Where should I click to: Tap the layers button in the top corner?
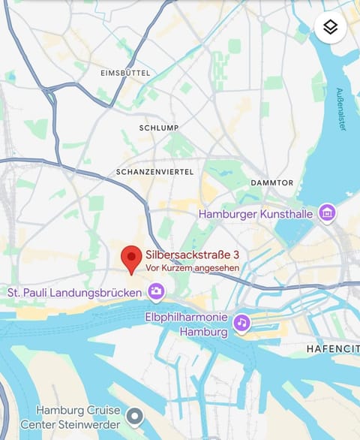330,28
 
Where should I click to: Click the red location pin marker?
132,258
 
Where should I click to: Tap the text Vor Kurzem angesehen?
192,268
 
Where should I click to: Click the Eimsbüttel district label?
125,73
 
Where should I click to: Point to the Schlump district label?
159,128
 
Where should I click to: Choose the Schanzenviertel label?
154,172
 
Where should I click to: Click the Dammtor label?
271,182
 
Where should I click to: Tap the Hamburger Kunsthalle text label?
255,214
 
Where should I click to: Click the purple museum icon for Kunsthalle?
326,213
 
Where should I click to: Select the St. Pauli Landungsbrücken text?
75,291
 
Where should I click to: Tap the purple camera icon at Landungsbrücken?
156,291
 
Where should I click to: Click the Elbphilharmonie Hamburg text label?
185,324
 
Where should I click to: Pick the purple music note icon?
241,323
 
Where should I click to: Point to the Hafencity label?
332,349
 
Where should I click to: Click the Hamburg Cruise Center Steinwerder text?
79,417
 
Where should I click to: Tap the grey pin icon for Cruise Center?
134,415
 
